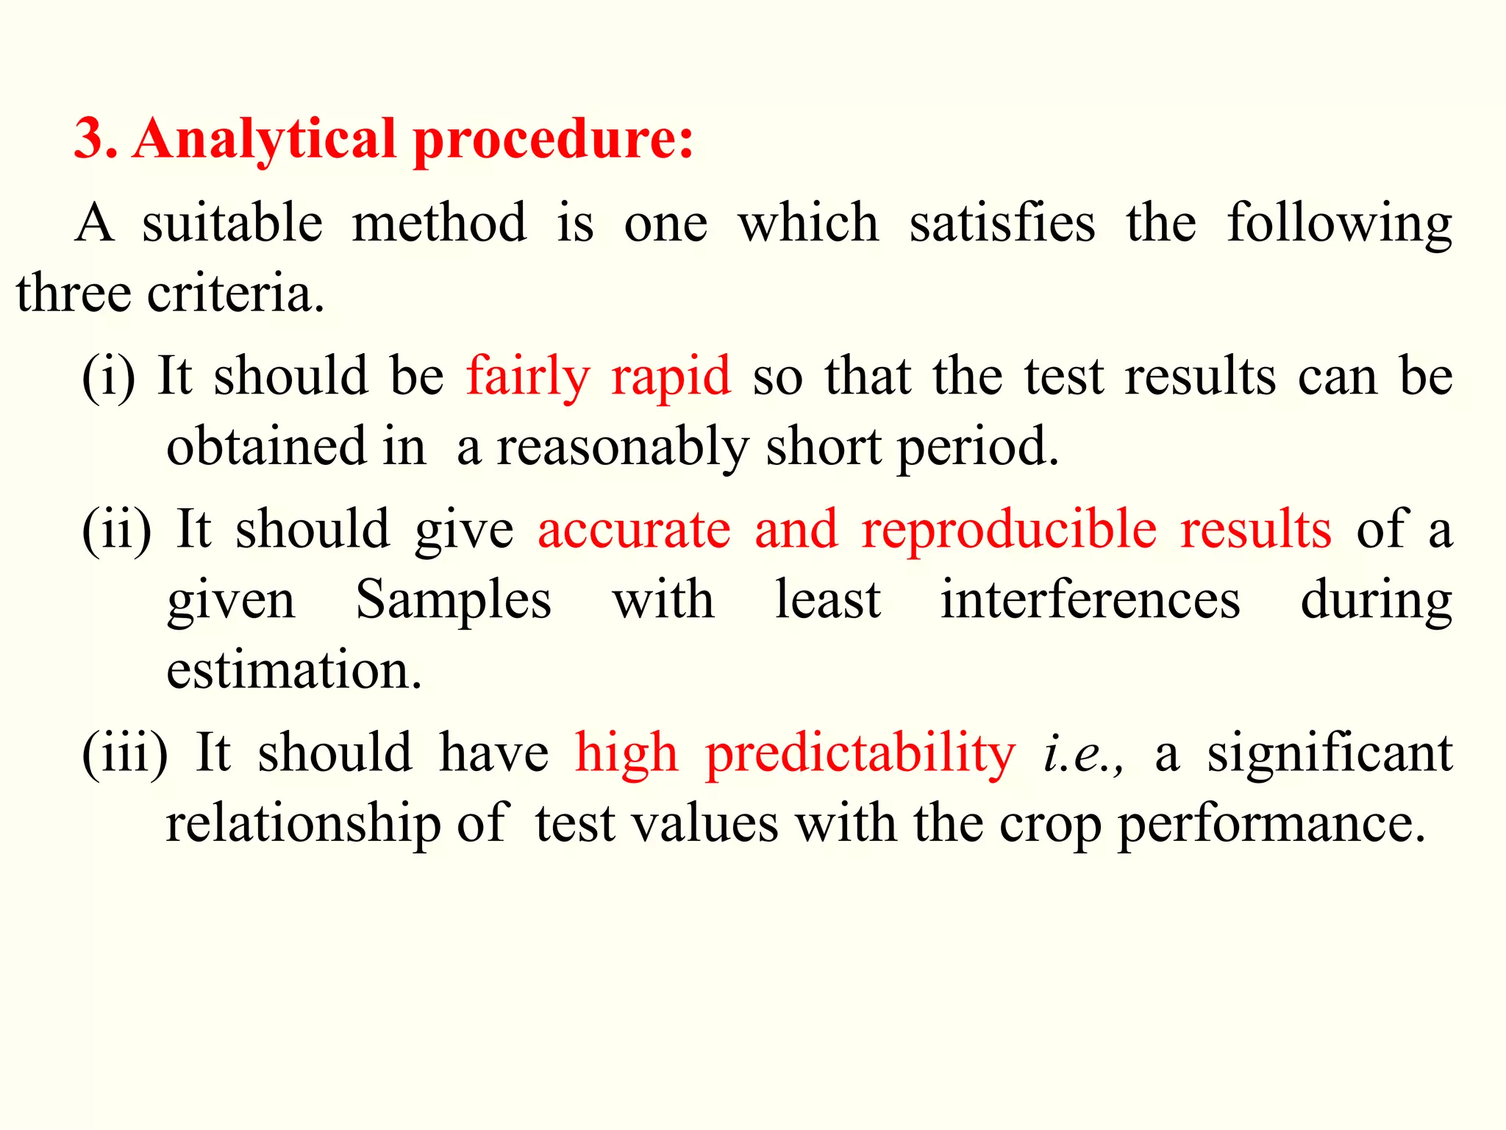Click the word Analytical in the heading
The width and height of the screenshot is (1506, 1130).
pos(265,140)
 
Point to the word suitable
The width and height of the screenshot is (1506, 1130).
pos(232,223)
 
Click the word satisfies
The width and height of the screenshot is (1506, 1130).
pos(1002,223)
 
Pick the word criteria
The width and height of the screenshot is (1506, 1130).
pos(235,294)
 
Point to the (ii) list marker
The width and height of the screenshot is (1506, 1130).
pos(116,530)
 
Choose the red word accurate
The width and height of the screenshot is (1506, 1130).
pos(634,530)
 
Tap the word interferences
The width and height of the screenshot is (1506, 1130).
pos(1091,600)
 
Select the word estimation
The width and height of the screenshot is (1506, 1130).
pos(294,670)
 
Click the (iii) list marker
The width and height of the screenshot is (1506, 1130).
pos(124,753)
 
